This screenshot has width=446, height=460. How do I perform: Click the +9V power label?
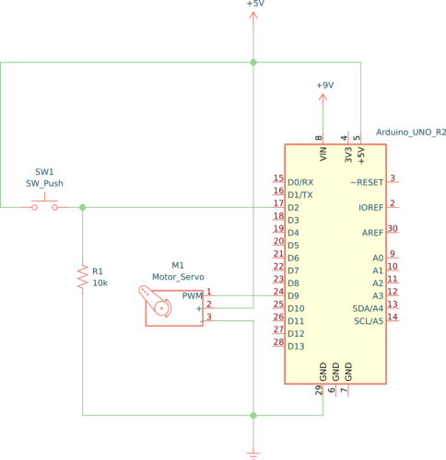pos(324,85)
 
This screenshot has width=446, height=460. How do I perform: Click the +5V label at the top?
pos(254,5)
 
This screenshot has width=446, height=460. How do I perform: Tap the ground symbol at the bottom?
pos(253,453)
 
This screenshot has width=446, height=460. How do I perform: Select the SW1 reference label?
pos(44,172)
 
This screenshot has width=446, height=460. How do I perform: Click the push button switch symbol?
pos(44,206)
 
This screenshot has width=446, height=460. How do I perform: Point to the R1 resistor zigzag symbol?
pos(83,277)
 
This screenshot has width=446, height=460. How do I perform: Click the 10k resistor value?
pos(100,283)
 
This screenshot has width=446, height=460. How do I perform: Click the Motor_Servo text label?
pos(178,276)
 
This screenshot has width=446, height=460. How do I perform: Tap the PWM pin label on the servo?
pos(192,296)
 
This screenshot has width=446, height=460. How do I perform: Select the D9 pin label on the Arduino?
pos(295,295)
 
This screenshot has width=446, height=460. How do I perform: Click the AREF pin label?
pos(372,233)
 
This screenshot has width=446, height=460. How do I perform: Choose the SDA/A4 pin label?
pos(366,307)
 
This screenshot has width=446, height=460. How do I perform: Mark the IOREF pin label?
pos(370,208)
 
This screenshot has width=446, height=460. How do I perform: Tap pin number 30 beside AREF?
pos(393,228)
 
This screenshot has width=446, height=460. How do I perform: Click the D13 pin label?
pos(296,346)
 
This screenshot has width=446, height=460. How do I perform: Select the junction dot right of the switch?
pos(83,207)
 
